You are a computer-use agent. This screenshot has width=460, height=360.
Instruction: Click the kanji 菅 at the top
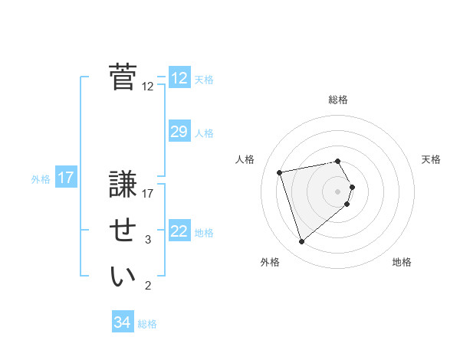point(123,77)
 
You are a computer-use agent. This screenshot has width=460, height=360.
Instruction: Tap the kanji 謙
point(123,186)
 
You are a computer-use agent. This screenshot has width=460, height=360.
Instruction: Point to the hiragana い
point(123,277)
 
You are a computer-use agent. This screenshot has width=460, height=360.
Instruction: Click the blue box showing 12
point(179,78)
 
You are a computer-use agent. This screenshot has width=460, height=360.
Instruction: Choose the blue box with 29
point(179,132)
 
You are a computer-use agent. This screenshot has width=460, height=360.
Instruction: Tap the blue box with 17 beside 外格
point(66,178)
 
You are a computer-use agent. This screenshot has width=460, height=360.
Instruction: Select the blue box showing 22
point(179,231)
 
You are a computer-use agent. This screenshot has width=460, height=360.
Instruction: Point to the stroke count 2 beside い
point(148,286)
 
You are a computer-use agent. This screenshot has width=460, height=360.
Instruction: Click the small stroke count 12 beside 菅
point(148,87)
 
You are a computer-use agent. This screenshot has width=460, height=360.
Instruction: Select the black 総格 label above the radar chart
point(338,100)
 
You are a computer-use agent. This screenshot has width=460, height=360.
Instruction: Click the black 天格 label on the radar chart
point(432,159)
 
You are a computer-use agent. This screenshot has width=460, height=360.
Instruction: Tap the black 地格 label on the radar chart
point(402,262)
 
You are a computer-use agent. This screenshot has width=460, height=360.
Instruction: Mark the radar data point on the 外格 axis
point(302,242)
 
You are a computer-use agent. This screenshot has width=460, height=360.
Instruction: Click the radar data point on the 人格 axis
point(280,172)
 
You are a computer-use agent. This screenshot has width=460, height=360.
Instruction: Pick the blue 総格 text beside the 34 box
point(147,324)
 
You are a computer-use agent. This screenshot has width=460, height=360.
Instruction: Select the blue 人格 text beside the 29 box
point(204,133)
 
